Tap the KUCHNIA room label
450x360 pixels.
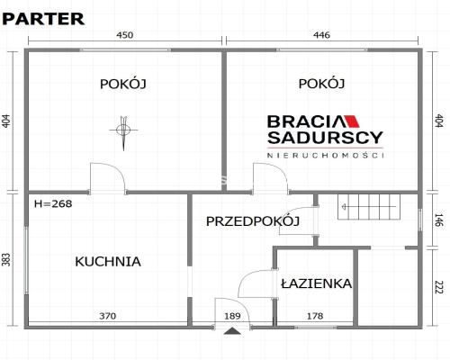tap(108, 262)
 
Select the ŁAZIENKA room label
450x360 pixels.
tap(315, 283)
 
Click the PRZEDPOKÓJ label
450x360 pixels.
tap(252, 221)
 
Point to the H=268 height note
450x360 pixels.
tap(53, 203)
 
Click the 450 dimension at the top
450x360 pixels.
tap(125, 35)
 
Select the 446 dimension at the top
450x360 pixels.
tap(321, 35)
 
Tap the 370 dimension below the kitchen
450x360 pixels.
tap(108, 316)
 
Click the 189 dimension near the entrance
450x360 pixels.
tap(232, 316)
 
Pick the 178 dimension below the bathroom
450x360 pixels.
tap(315, 316)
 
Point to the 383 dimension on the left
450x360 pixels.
tap(7, 260)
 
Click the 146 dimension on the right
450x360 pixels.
tap(439, 219)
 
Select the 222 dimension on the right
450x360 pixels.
tap(439, 288)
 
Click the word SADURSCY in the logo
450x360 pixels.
tap(325, 139)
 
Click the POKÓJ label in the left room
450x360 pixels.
tap(122, 84)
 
